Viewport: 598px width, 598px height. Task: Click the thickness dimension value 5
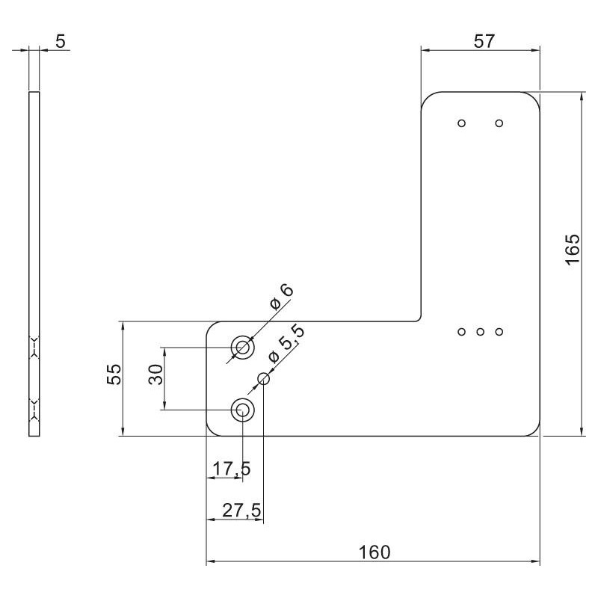pos(61,41)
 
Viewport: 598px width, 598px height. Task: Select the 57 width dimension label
pos(484,41)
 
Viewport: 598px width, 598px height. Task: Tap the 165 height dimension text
pos(573,250)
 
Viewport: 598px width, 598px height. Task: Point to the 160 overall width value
pos(374,552)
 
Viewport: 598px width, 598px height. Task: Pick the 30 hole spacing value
pos(155,374)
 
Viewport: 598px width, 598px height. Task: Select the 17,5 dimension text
pos(232,469)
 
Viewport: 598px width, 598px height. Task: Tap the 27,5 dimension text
pos(241,511)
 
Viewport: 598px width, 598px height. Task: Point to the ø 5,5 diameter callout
pos(286,343)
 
